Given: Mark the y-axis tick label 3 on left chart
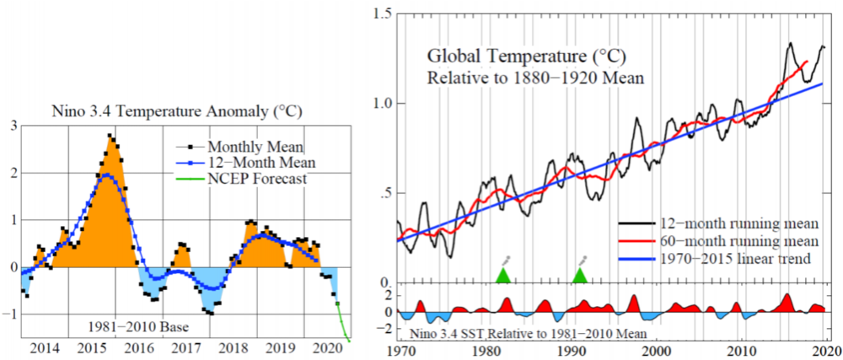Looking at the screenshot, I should coord(13,126).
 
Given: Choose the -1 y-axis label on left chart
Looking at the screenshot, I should coord(10,314).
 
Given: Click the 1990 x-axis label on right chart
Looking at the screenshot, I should coord(572,351).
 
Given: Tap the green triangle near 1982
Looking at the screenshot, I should coord(503,276).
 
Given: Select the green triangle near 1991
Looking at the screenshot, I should coord(580,276).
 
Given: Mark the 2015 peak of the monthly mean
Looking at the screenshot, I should coord(110,135).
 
